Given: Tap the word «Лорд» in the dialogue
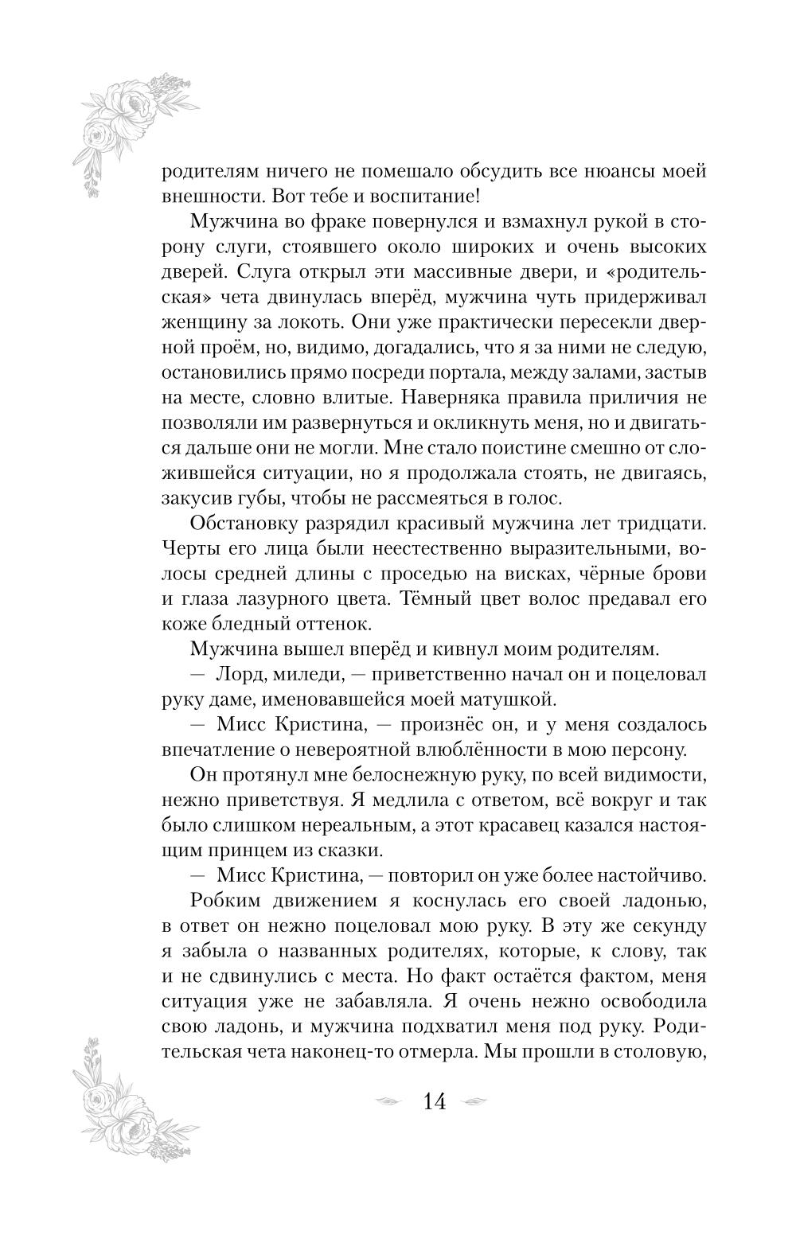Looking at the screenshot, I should point(242,675).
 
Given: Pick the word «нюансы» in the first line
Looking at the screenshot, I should point(617,170).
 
